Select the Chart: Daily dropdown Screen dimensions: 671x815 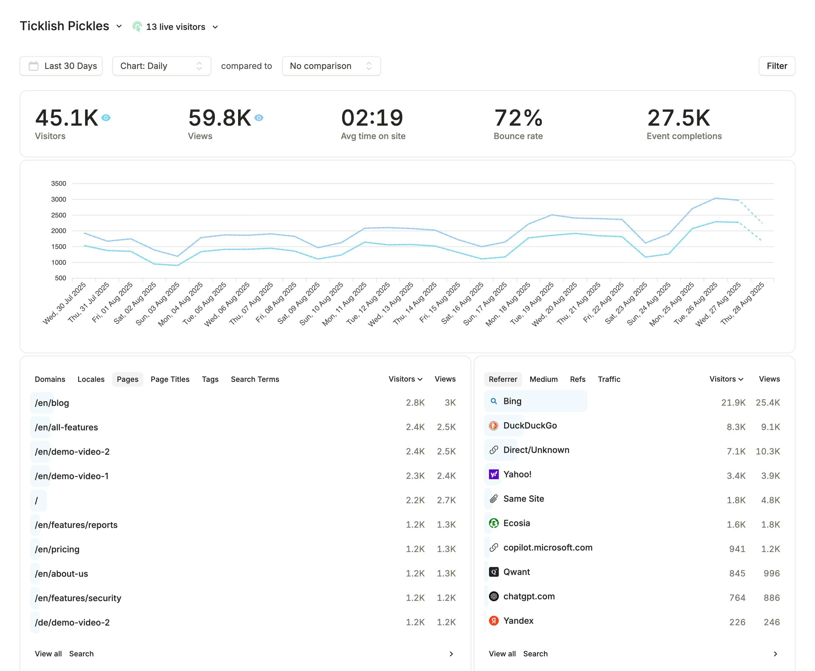click(x=161, y=66)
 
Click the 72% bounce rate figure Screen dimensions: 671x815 click(x=518, y=118)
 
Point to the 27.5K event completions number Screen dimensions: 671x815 click(x=679, y=118)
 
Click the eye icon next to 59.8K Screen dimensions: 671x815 click(x=259, y=117)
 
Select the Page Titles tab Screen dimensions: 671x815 click(x=170, y=379)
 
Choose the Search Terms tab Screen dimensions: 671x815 click(x=255, y=379)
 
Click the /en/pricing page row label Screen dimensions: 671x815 click(x=57, y=549)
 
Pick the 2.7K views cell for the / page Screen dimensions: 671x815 click(x=446, y=500)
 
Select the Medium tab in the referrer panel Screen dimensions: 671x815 click(x=543, y=379)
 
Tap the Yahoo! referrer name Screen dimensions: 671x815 click(x=517, y=474)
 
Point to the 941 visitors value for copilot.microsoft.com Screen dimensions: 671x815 click(x=737, y=549)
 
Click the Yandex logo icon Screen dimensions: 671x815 click(x=494, y=621)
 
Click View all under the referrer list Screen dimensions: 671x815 click(x=502, y=654)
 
